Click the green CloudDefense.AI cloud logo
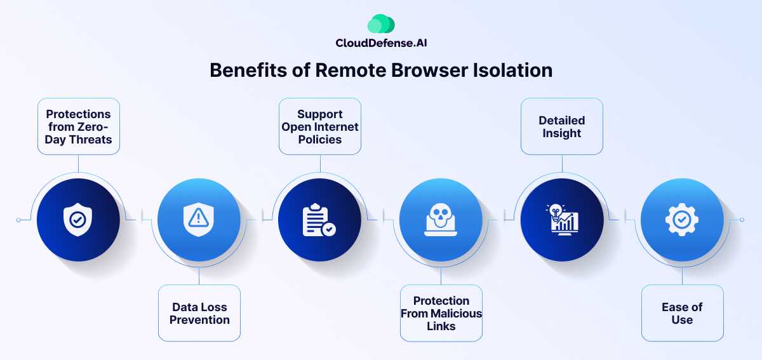tap(381, 23)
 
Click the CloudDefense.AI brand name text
tap(381, 43)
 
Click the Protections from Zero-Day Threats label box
tap(78, 126)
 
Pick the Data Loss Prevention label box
tap(199, 313)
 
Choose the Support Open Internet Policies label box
tap(320, 126)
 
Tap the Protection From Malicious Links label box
tap(441, 313)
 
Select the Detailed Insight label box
tap(562, 126)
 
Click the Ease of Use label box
tap(682, 313)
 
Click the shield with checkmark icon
tap(78, 220)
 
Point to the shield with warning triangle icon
tap(199, 220)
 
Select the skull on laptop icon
tap(441, 220)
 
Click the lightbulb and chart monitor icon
tap(562, 220)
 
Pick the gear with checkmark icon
tap(682, 220)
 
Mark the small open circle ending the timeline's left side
tap(18, 220)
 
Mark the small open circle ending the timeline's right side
tap(742, 220)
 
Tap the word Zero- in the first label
tap(97, 126)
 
